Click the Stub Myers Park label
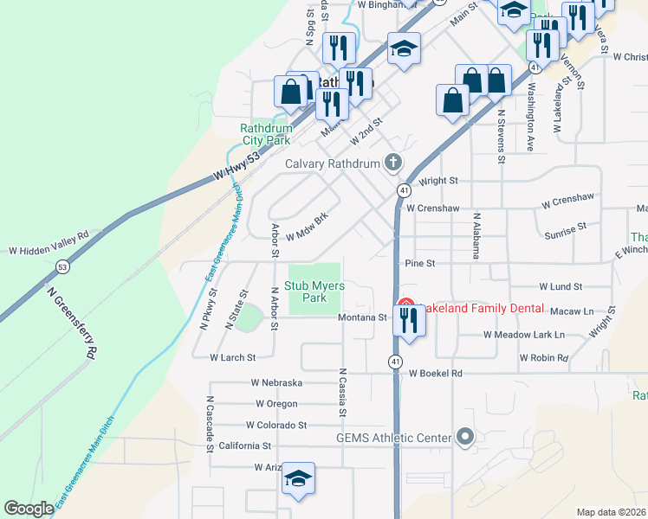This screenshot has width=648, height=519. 314,292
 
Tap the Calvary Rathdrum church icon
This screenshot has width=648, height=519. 393,163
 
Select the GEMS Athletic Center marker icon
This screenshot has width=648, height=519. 465,438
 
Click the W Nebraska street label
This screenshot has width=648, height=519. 276,382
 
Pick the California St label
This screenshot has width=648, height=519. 245,445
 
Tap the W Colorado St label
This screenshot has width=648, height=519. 276,425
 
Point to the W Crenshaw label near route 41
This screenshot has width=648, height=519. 431,208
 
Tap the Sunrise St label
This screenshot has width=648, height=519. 566,229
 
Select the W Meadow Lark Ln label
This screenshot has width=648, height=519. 523,334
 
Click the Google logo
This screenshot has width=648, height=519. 29,509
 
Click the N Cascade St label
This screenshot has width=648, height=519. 210,426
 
